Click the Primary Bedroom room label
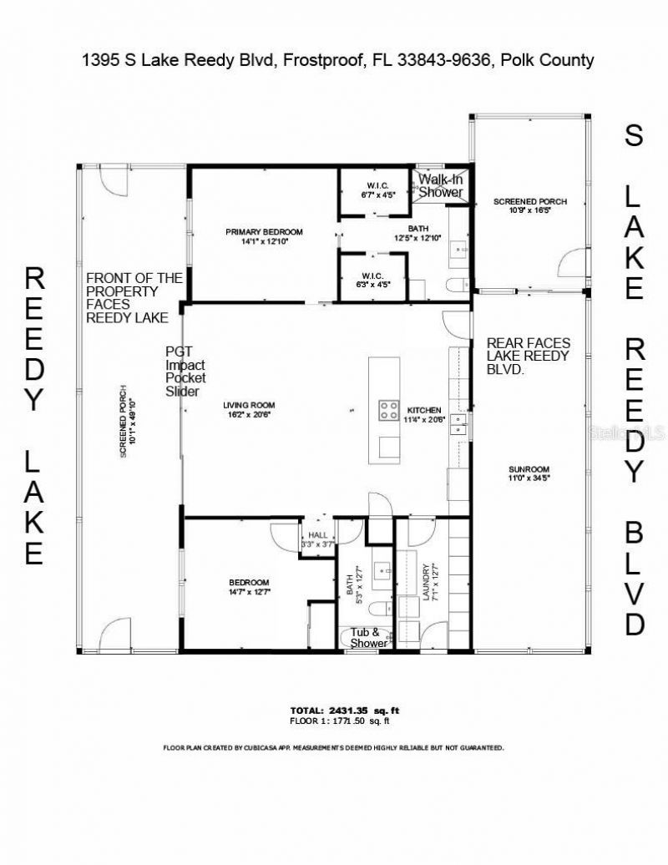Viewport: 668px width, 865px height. pyautogui.click(x=264, y=236)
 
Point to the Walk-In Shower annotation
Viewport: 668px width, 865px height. pyautogui.click(x=440, y=185)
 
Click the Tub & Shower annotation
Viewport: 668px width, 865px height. pyautogui.click(x=369, y=638)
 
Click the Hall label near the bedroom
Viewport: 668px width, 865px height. pyautogui.click(x=317, y=539)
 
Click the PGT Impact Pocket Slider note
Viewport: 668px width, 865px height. pyautogui.click(x=185, y=372)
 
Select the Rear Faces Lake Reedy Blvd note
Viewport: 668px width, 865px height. pyautogui.click(x=528, y=356)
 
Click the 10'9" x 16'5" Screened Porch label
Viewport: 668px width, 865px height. pyautogui.click(x=529, y=206)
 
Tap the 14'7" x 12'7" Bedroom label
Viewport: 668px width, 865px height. pyautogui.click(x=249, y=587)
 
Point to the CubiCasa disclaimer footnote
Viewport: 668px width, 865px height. pyautogui.click(x=333, y=748)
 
